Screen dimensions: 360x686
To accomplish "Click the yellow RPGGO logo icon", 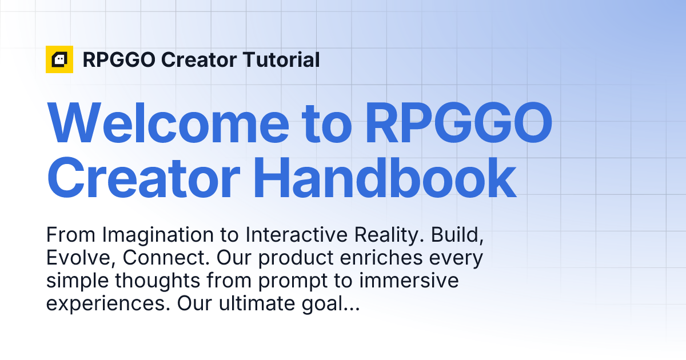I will (x=59, y=59).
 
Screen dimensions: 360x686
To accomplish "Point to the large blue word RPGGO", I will (x=458, y=123).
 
